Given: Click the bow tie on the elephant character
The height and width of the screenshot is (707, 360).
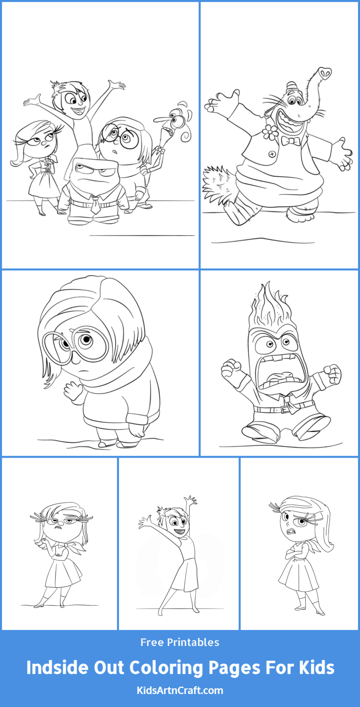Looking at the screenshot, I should pyautogui.click(x=290, y=141).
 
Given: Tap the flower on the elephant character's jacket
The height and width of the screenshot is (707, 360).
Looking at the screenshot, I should pyautogui.click(x=270, y=132).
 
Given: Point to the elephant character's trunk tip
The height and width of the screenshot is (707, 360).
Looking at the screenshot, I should pyautogui.click(x=324, y=73).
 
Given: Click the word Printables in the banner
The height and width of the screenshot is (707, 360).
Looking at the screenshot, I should pyautogui.click(x=193, y=642).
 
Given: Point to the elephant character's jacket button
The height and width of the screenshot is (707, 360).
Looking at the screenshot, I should pyautogui.click(x=272, y=154).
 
